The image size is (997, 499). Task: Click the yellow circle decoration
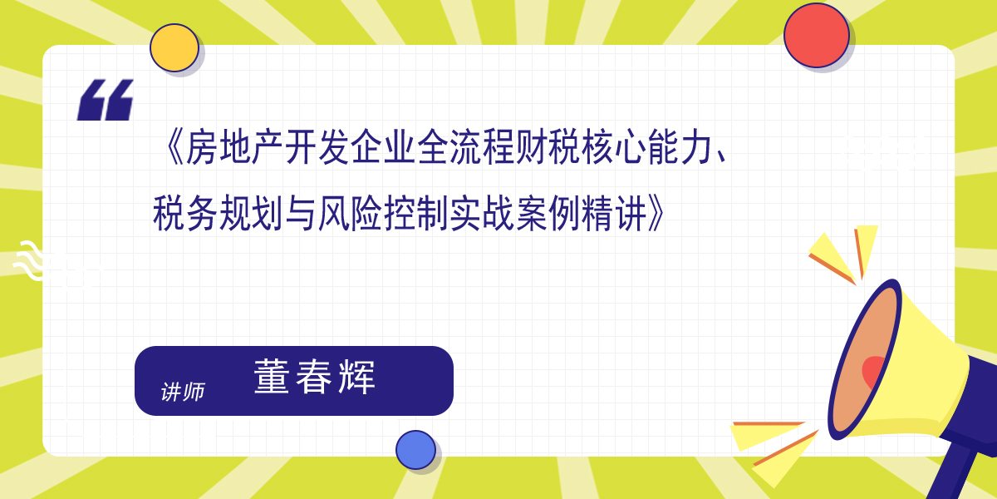pyautogui.click(x=174, y=47)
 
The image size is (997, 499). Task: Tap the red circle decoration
pyautogui.click(x=816, y=35)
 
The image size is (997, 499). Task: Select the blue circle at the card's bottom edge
pyautogui.click(x=415, y=450)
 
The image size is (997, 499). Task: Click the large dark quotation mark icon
pyautogui.click(x=106, y=100)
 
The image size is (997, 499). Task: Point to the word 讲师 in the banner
pyautogui.click(x=183, y=392)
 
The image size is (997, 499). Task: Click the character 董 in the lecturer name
pyautogui.click(x=272, y=376)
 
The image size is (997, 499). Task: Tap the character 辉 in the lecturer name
pyautogui.click(x=357, y=377)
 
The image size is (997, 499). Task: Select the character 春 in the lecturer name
pyautogui.click(x=314, y=377)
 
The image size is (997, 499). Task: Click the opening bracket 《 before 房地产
pyautogui.click(x=174, y=147)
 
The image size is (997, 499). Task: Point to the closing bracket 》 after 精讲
pyautogui.click(x=656, y=214)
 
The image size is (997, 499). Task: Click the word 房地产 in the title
pyautogui.click(x=234, y=147)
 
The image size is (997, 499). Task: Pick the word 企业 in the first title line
pyautogui.click(x=383, y=147)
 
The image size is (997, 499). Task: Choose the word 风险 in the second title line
pyautogui.click(x=350, y=214)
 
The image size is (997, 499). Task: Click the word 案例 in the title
pyautogui.click(x=548, y=214)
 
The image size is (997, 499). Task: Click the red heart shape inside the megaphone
pyautogui.click(x=872, y=372)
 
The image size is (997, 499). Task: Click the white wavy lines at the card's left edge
pyautogui.click(x=29, y=260)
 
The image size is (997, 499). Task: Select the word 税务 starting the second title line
pyautogui.click(x=185, y=214)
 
